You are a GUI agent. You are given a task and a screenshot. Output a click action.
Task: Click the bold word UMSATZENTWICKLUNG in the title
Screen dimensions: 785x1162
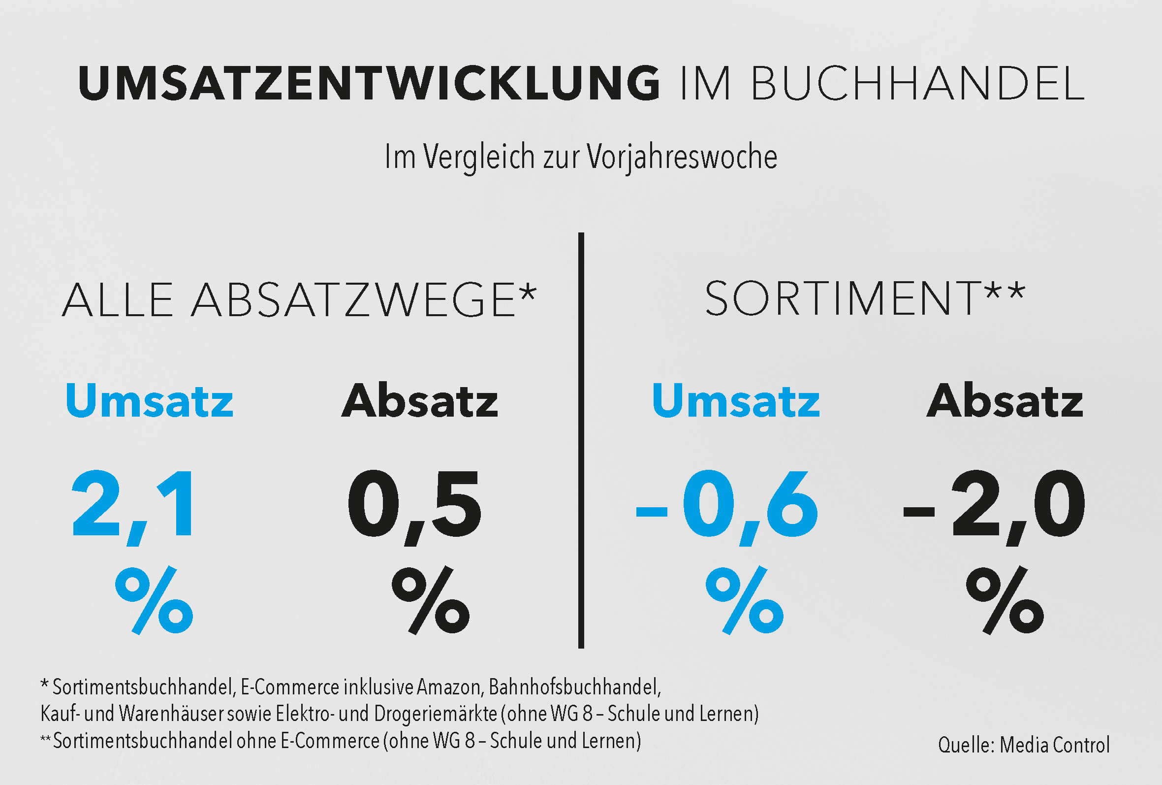click(369, 83)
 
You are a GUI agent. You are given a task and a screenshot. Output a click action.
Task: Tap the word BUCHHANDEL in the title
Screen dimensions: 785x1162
click(917, 83)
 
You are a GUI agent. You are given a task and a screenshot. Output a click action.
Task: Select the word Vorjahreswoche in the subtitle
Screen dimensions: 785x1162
click(682, 157)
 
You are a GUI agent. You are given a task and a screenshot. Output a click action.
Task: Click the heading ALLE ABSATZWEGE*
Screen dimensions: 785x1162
click(299, 300)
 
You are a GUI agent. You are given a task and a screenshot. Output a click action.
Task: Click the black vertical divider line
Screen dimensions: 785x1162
click(581, 440)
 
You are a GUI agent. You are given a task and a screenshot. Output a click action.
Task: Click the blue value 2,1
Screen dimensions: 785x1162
click(132, 505)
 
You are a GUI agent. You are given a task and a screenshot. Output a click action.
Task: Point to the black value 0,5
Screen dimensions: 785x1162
click(414, 505)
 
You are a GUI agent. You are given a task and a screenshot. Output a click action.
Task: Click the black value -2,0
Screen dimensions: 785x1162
click(995, 505)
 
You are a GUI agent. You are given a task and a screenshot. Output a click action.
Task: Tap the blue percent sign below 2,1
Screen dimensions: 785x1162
click(154, 600)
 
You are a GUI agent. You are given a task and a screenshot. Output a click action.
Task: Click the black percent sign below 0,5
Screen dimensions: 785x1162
click(431, 600)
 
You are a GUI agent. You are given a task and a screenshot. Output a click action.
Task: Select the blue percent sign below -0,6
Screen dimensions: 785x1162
click(745, 600)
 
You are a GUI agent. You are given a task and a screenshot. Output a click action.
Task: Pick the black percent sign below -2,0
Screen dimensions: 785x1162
click(1005, 600)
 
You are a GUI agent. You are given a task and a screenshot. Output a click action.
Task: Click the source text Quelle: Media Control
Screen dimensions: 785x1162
click(1024, 745)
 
